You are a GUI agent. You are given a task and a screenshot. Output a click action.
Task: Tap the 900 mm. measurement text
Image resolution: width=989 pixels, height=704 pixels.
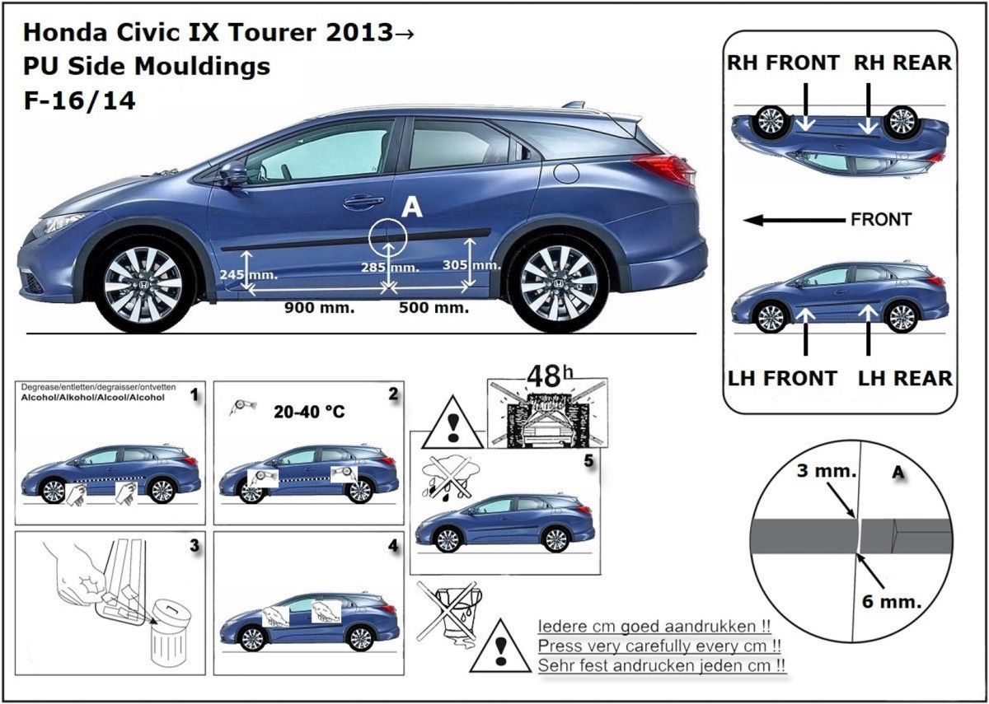(319, 308)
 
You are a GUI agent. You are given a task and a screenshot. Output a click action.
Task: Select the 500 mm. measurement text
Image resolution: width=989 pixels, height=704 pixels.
(434, 308)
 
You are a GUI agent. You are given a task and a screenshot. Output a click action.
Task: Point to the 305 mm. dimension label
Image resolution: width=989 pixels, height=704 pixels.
(471, 264)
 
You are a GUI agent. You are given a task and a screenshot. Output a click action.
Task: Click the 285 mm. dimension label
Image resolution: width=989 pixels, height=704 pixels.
(390, 267)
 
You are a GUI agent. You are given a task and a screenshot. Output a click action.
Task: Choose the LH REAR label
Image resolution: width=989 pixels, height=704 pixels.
(905, 379)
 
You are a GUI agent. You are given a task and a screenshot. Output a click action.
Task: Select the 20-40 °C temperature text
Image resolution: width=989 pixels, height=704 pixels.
(309, 411)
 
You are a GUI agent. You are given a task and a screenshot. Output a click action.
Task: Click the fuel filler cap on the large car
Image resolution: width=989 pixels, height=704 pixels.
(566, 173)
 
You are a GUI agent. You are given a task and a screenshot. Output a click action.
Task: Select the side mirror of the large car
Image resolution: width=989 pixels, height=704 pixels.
(233, 175)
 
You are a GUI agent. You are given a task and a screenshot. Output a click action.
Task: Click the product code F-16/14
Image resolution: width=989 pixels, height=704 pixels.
(80, 100)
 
